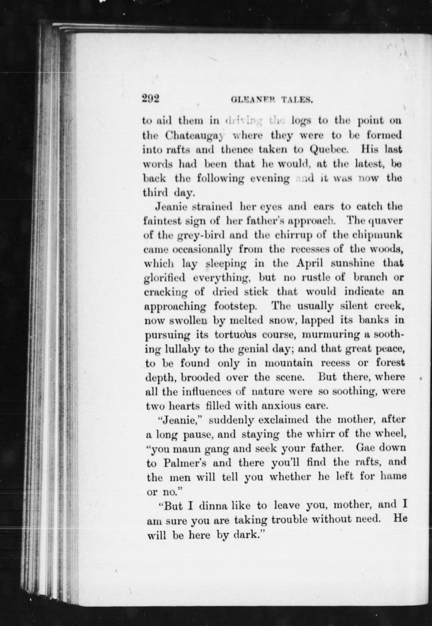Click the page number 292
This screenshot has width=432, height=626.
(x=151, y=99)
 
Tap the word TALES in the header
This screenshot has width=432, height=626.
(x=297, y=101)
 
